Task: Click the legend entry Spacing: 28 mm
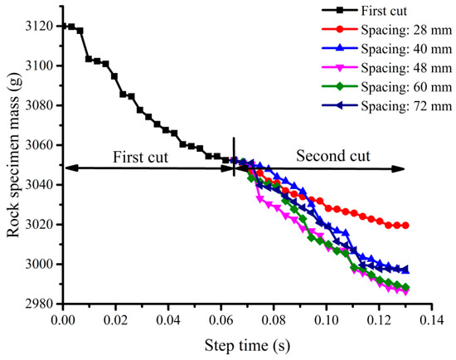coord(386,28)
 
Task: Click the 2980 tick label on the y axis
coord(41,304)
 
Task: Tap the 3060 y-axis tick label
coord(41,145)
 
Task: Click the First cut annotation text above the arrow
coord(140,155)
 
